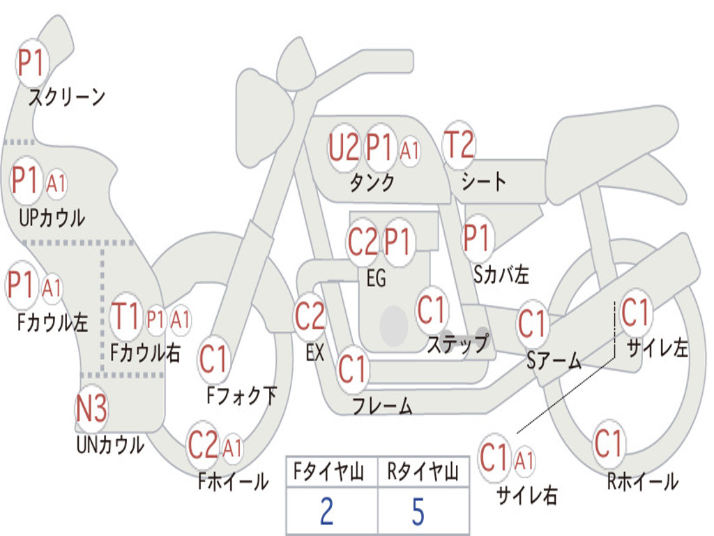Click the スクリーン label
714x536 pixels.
click(67, 97)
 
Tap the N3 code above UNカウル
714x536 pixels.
click(91, 408)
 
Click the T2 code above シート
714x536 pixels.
click(459, 144)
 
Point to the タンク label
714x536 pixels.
click(372, 182)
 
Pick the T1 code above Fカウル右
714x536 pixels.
click(126, 315)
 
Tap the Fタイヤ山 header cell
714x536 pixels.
click(332, 472)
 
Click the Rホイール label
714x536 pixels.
click(643, 482)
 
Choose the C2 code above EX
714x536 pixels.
click(310, 316)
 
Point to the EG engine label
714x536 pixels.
click(376, 278)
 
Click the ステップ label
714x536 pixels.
click(457, 343)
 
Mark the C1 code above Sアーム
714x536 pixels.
click(531, 324)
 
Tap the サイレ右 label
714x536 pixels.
click(527, 495)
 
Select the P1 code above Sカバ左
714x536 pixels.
click(476, 237)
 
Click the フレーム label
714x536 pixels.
click(383, 405)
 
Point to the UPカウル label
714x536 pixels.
click(52, 218)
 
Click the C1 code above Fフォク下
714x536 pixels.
click(213, 359)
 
